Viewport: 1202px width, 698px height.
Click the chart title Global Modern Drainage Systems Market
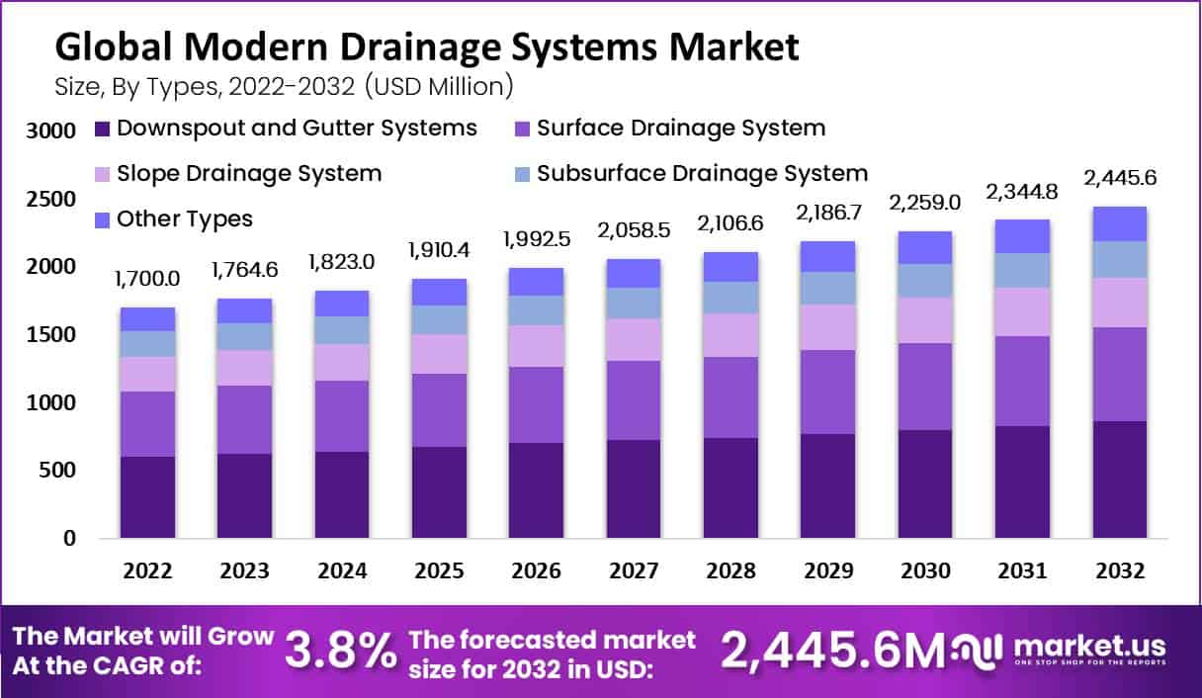tap(426, 45)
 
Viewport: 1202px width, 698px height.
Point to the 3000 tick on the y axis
tap(49, 131)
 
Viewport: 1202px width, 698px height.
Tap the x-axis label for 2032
tap(1119, 571)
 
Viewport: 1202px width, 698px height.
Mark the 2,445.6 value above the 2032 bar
tap(1119, 178)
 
